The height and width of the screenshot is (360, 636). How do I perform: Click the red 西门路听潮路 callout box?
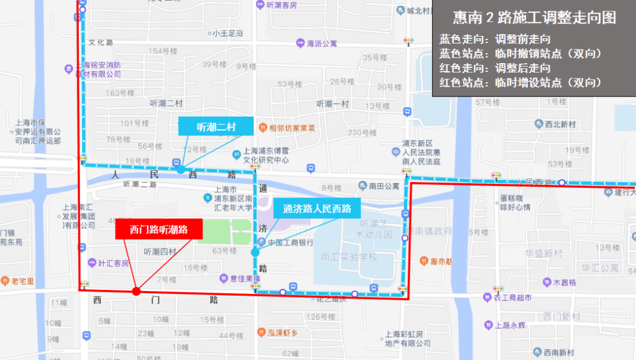pos(158,229)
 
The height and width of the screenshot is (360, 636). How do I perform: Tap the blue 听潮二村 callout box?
pos(216,126)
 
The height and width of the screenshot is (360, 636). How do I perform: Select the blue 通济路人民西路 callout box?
pos(317,209)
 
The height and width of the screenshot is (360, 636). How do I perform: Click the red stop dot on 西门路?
pos(137,291)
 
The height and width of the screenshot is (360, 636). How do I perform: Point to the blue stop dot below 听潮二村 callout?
pos(181,169)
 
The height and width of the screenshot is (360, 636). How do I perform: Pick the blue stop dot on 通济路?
pos(255,252)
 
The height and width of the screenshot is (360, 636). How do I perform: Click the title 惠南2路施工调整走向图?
pos(534,18)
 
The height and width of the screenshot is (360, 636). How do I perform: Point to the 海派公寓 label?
pos(322,43)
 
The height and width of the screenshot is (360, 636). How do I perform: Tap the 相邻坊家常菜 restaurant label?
pos(292,128)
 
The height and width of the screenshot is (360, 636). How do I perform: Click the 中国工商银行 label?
pos(290,243)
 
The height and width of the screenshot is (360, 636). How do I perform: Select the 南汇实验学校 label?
pos(349,257)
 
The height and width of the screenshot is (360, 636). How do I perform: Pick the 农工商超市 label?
pos(512,298)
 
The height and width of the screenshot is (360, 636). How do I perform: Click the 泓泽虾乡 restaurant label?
pos(283,333)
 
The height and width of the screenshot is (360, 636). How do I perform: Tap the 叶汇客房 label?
pos(113,263)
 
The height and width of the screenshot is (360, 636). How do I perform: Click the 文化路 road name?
pos(101,42)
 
